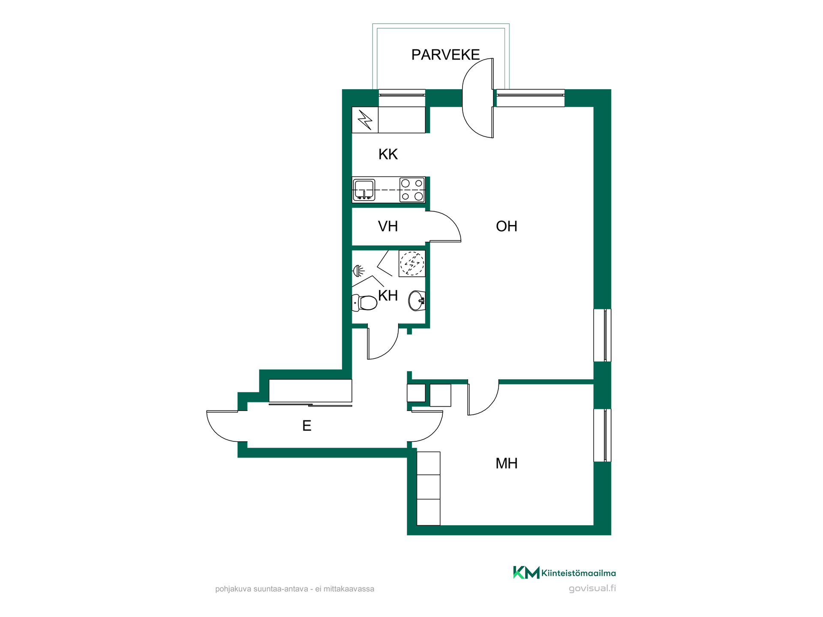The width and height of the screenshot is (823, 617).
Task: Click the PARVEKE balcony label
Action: [x=445, y=55]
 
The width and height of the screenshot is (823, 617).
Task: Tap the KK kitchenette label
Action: [x=388, y=154]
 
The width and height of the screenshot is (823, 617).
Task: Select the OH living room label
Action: [x=507, y=226]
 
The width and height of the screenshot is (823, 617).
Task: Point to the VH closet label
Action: [x=388, y=226]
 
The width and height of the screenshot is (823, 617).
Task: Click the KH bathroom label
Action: [x=388, y=296]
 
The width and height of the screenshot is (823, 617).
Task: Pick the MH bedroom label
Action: [x=507, y=464]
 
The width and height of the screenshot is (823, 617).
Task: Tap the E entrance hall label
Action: [x=306, y=426]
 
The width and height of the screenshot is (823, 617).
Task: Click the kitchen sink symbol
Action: [x=364, y=190]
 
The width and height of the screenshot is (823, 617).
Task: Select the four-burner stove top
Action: [x=412, y=190]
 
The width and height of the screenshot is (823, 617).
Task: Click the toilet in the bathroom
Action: [x=364, y=303]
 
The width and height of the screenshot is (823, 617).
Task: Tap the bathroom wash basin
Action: [x=417, y=300]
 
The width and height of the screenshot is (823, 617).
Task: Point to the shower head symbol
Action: [x=358, y=271]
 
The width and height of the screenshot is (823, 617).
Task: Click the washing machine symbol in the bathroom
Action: [x=412, y=264]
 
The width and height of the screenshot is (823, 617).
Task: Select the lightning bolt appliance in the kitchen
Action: [x=365, y=120]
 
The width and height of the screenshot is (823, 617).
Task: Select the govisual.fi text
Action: [x=592, y=588]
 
